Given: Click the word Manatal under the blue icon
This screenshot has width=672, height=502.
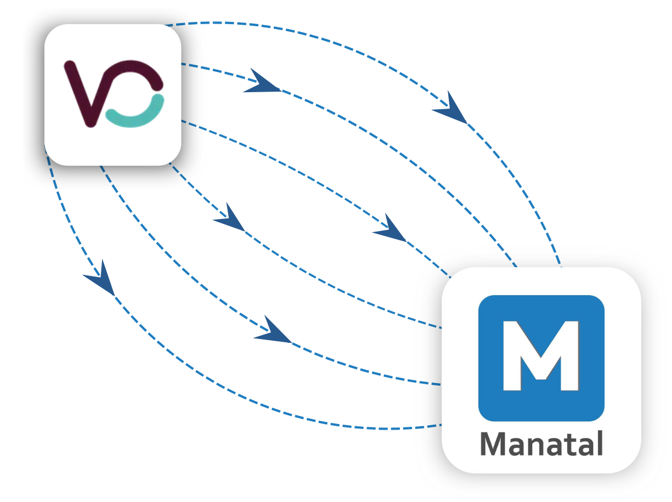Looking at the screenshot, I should click(x=541, y=444).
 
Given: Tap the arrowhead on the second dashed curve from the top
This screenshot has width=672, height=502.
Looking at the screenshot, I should click(x=261, y=83).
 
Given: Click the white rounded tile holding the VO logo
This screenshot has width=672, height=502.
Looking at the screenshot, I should click(x=112, y=148).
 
